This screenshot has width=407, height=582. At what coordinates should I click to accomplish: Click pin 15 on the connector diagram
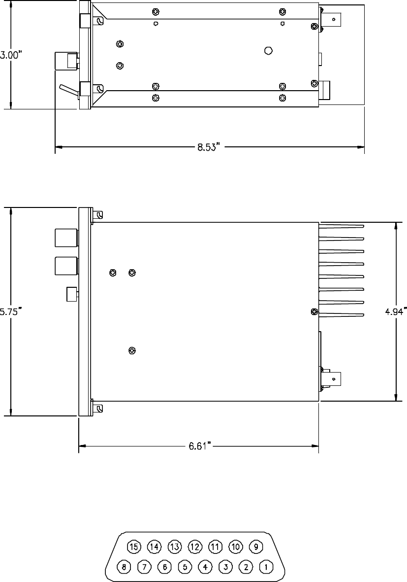pyautogui.click(x=134, y=547)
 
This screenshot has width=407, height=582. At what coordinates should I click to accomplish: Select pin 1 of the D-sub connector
pyautogui.click(x=266, y=567)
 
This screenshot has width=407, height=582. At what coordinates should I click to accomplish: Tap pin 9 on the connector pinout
pyautogui.click(x=256, y=547)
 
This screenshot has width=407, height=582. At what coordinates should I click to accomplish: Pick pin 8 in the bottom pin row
pyautogui.click(x=124, y=567)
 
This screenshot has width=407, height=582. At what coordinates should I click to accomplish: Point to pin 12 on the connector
pyautogui.click(x=195, y=547)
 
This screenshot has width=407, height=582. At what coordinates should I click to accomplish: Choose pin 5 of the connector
pyautogui.click(x=185, y=567)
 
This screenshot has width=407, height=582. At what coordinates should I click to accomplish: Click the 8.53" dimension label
pyautogui.click(x=209, y=147)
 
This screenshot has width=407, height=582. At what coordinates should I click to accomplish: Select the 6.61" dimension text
pyautogui.click(x=200, y=446)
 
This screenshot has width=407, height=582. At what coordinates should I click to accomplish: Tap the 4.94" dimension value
pyautogui.click(x=396, y=311)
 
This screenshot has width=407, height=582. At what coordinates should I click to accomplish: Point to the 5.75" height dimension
pyautogui.click(x=11, y=312)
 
